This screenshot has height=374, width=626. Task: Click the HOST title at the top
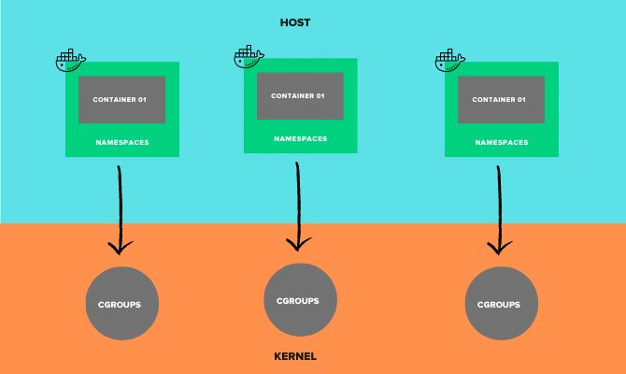tap(296, 22)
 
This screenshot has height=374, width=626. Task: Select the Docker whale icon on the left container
tap(70, 63)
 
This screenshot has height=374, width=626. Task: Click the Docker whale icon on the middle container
tap(249, 57)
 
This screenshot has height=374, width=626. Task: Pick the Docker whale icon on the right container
tap(450, 62)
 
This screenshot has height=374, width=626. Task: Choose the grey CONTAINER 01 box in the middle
tap(300, 95)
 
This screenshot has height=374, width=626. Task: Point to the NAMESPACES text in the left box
tap(122, 142)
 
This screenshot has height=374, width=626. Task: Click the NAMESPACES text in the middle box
tap(300, 137)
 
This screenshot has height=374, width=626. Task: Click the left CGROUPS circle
tap(121, 305)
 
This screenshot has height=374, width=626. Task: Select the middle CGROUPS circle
tap(300, 300)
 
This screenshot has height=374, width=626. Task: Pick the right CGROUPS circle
tap(501, 305)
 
